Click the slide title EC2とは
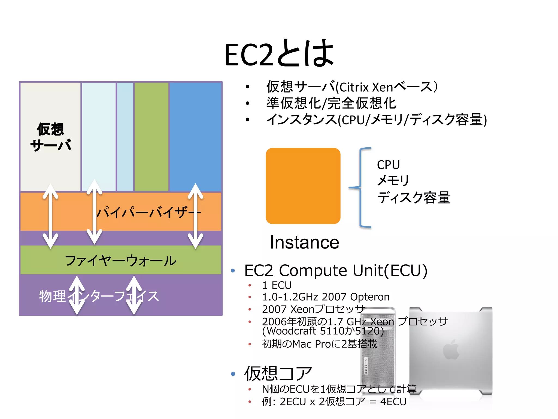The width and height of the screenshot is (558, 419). tap(279, 54)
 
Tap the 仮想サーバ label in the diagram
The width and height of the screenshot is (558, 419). tap(51, 137)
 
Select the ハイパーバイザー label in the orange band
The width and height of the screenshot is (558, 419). tap(148, 212)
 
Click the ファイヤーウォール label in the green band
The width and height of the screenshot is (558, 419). tap(121, 261)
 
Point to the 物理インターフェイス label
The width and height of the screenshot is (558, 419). tap(99, 296)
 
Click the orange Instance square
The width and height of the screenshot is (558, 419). tap(303, 186)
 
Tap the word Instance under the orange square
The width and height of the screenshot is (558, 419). tap(304, 242)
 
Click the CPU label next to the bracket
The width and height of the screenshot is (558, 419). tap(388, 165)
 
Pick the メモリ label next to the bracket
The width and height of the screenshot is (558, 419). tap(393, 181)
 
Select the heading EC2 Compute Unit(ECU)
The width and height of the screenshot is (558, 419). tap(336, 271)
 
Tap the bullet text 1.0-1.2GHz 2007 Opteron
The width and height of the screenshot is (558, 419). tap(326, 297)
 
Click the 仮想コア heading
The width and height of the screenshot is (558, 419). tap(278, 373)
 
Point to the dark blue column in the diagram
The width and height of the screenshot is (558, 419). tap(195, 136)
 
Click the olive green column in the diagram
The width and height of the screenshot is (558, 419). tap(151, 136)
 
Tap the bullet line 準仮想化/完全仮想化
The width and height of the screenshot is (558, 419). tap(331, 103)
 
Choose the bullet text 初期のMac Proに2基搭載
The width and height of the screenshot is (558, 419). tap(319, 344)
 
